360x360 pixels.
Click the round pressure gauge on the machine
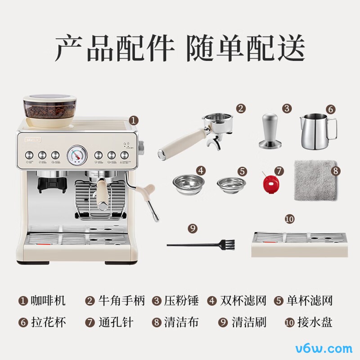point(77,155)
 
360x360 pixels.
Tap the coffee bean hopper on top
point(50,110)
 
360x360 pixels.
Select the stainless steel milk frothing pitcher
point(318,131)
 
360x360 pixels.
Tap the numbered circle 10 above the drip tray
point(289,219)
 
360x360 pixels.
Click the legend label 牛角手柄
point(121,301)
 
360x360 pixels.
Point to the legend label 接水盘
point(315,322)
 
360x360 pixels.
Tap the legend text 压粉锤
point(181,301)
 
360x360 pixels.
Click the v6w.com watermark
point(324,348)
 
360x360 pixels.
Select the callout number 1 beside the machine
point(134,120)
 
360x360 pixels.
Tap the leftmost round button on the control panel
point(29,155)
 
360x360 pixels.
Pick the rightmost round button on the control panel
point(125,155)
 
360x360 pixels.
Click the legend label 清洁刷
point(249,322)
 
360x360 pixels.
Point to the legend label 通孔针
point(116,322)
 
